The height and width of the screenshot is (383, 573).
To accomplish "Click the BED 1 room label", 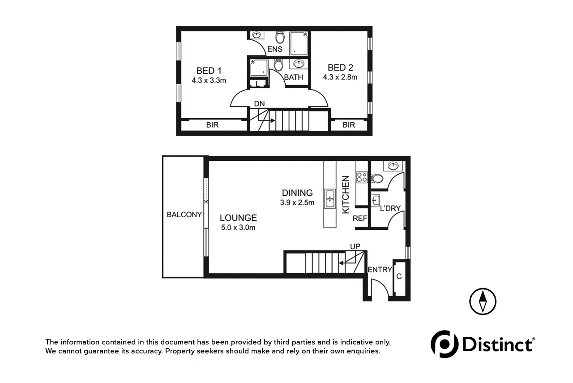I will [209, 71].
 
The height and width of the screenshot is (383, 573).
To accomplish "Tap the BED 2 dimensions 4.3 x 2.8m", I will [340, 77].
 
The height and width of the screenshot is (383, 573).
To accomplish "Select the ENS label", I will [274, 49].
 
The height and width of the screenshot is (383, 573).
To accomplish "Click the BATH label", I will [294, 77].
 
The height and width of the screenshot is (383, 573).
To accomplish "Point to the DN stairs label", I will [259, 104].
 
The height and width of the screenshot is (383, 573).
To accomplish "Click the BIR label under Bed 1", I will [212, 125].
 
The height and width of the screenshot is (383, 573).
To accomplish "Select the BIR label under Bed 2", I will [349, 125].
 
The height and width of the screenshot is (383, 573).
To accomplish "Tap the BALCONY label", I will [184, 215].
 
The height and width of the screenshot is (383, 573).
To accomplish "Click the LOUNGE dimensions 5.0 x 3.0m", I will [238, 228].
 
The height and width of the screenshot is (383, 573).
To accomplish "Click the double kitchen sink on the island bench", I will [330, 199].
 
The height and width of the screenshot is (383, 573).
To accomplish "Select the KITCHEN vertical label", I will [346, 194].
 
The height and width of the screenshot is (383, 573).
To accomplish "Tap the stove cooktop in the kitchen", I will [362, 177].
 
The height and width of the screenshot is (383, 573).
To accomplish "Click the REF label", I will [360, 219].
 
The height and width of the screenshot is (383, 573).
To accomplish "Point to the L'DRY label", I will [390, 208].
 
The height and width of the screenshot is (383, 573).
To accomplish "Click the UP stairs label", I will [355, 246].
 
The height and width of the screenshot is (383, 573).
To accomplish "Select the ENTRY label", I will [380, 270].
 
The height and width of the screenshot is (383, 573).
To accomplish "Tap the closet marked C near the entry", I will [399, 277].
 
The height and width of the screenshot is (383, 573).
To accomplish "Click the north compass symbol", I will [483, 301].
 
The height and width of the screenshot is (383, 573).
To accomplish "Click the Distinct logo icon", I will [445, 344].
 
